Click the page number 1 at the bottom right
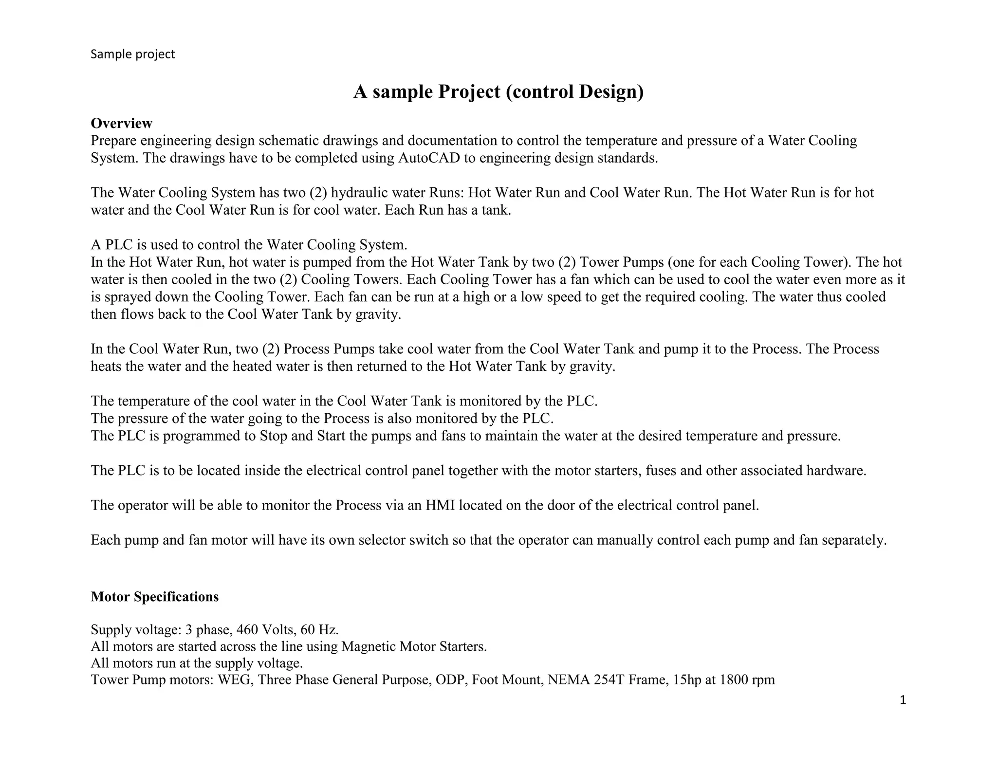(903, 700)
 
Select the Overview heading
(121, 123)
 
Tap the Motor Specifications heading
(154, 597)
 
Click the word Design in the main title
(611, 92)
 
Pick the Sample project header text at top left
(132, 54)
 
